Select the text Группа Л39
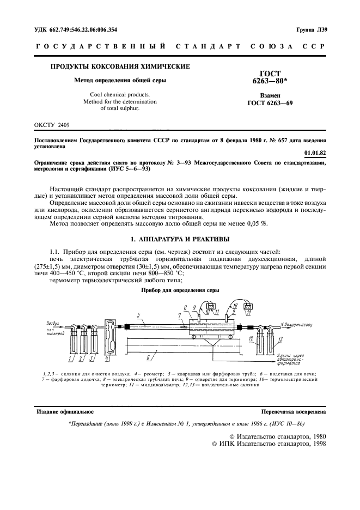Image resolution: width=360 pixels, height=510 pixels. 311,29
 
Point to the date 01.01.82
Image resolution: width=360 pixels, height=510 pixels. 314,154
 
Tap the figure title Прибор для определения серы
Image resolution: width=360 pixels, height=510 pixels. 180,290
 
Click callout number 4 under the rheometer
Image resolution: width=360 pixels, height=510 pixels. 107,359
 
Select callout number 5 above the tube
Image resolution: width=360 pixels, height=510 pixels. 139,315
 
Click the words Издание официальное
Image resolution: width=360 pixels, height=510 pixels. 64,412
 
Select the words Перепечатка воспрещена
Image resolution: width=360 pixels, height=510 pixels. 294,412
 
